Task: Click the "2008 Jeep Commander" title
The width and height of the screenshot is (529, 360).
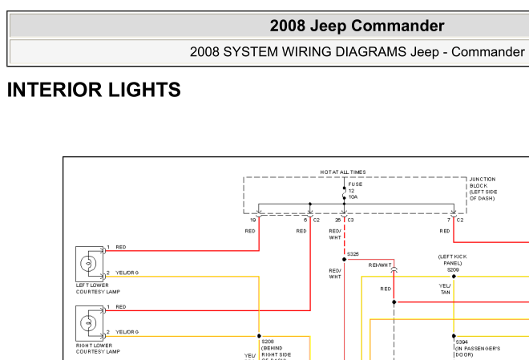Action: [x=357, y=26]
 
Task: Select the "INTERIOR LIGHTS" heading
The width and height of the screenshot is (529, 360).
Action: [x=94, y=90]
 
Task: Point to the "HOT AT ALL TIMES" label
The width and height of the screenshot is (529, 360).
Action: [x=343, y=172]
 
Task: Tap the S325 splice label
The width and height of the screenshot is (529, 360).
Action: [x=353, y=253]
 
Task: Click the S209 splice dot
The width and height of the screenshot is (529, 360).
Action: [x=454, y=277]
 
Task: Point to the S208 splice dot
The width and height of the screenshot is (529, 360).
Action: [x=259, y=336]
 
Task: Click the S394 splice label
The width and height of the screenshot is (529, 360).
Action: [x=462, y=342]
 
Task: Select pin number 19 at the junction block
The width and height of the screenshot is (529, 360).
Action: [x=253, y=219]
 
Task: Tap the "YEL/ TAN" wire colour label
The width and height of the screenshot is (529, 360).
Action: [x=446, y=289]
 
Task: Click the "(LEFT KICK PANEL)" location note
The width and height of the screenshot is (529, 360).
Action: [x=450, y=260]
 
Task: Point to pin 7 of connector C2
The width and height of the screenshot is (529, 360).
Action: [x=449, y=219]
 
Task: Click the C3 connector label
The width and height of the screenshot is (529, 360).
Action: [x=350, y=219]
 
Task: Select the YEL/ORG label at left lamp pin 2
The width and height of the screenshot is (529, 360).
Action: [x=127, y=273]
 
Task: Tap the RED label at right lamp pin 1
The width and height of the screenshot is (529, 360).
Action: [x=121, y=307]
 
